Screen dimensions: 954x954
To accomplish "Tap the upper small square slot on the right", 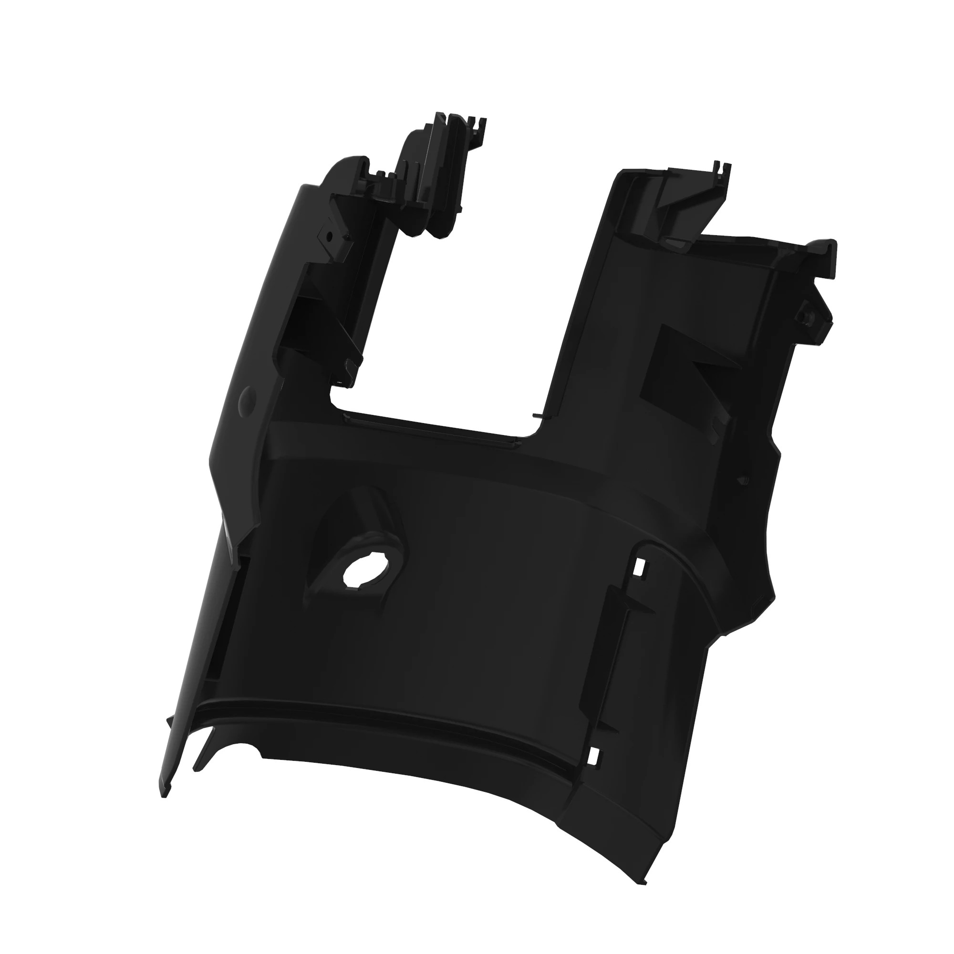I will [x=641, y=567].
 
